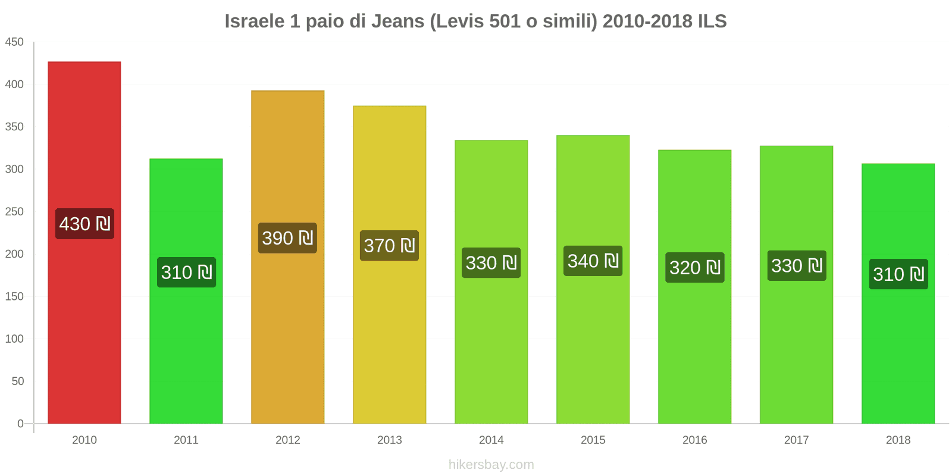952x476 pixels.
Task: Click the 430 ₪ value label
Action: pos(84,224)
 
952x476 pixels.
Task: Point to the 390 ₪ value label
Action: pos(287,238)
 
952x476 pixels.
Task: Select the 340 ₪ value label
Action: pos(593,261)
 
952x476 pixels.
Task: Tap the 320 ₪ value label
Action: pos(694,268)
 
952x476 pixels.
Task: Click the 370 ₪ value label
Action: pos(389,246)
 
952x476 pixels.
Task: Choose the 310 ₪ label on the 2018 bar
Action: pos(898,274)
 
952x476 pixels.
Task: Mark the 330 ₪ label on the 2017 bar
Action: pos(796,266)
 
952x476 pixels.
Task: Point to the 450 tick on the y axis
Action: pos(14,42)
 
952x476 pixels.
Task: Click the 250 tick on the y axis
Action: pos(14,212)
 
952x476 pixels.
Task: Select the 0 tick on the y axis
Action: pos(20,424)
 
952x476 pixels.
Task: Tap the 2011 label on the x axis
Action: pos(186,440)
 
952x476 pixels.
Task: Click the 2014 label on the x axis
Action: pos(491,440)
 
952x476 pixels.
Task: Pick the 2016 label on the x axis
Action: pos(694,440)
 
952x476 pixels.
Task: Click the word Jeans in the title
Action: pos(397,21)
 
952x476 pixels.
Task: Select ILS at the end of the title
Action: pos(712,21)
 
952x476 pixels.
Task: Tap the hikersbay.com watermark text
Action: pos(491,465)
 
